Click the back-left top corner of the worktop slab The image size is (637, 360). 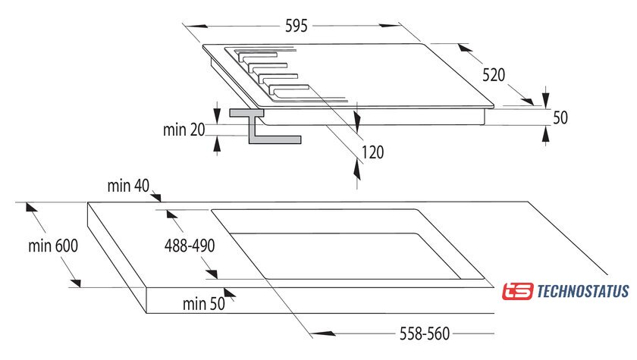(x=88, y=202)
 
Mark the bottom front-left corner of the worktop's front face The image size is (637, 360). (x=146, y=313)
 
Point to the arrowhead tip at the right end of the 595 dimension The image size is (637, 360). (x=401, y=26)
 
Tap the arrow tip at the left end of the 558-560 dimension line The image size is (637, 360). (x=312, y=333)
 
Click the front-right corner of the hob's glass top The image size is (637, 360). (x=494, y=106)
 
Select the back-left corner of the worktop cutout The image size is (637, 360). (x=212, y=210)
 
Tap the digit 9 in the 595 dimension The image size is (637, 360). (x=296, y=26)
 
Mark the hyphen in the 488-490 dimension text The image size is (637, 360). (x=190, y=247)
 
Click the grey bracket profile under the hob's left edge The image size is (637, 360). (x=264, y=127)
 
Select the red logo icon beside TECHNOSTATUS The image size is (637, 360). (x=517, y=291)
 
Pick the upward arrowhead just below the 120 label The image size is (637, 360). (x=357, y=169)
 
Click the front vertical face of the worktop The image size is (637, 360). (x=320, y=300)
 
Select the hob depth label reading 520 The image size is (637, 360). (x=494, y=75)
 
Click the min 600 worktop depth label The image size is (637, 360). (x=53, y=246)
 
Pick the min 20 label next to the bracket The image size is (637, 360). (x=184, y=130)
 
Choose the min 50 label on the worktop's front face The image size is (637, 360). (x=203, y=304)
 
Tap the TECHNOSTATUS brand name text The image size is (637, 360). (x=583, y=291)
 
